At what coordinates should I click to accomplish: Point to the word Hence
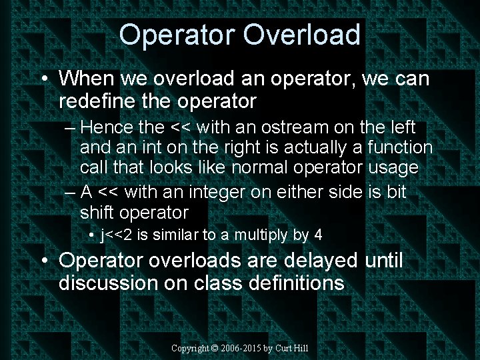pyautogui.click(x=111, y=127)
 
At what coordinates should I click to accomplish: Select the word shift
pyautogui.click(x=96, y=212)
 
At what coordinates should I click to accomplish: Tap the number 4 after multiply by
pyautogui.click(x=318, y=235)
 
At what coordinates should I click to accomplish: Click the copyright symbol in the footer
pyautogui.click(x=215, y=349)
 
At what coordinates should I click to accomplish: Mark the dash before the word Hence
pyautogui.click(x=72, y=127)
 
